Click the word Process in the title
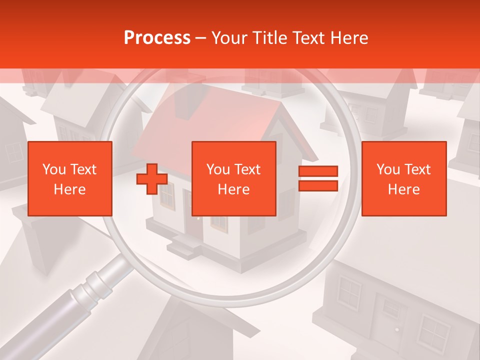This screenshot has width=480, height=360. pos(157,38)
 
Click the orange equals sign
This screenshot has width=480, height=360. pos(318,178)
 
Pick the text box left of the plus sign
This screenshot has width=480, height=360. pos(69,178)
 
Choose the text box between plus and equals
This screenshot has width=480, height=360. pos(233,178)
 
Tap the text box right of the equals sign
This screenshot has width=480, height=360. pos(403,178)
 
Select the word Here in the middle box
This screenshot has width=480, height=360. pos(233,189)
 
